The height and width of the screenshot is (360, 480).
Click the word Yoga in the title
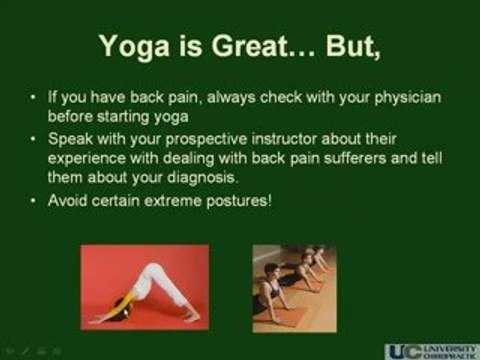pyautogui.click(x=134, y=46)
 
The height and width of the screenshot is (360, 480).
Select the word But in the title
pyautogui.click(x=353, y=46)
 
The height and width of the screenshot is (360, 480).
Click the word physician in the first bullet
pyautogui.click(x=408, y=98)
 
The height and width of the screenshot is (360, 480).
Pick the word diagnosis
pyautogui.click(x=202, y=177)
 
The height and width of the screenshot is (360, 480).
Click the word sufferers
pyautogui.click(x=355, y=158)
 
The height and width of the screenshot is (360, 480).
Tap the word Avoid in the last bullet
pyautogui.click(x=67, y=200)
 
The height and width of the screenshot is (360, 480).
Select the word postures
pyautogui.click(x=239, y=201)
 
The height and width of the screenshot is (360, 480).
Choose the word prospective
pyautogui.click(x=206, y=140)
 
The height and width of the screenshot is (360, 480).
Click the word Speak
pyautogui.click(x=70, y=139)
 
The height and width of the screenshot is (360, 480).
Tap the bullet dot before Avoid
pyautogui.click(x=33, y=201)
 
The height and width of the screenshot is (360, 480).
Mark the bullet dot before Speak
pyautogui.click(x=33, y=139)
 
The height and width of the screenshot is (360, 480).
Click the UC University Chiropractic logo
pyautogui.click(x=432, y=352)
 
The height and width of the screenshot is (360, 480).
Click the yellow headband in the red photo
pyautogui.click(x=123, y=305)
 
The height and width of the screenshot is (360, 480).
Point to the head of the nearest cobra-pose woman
pyautogui.click(x=272, y=271)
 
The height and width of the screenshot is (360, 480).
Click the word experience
pyautogui.click(x=87, y=159)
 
